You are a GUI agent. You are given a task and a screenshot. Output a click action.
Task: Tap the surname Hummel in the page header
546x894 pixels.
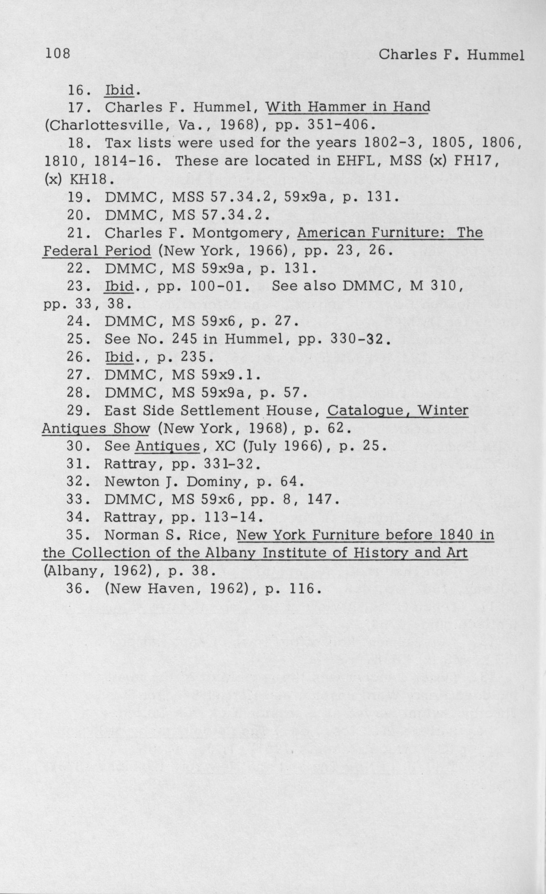tap(495, 55)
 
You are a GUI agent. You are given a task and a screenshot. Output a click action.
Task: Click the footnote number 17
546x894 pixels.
tap(77, 107)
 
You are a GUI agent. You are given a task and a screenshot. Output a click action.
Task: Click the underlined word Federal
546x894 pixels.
tap(70, 251)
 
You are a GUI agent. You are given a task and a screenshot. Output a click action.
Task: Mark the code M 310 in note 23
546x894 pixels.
tap(435, 286)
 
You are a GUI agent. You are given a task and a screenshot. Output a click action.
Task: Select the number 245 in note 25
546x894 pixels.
tap(184, 339)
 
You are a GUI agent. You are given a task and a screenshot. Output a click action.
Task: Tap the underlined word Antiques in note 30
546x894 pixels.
tap(167, 446)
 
